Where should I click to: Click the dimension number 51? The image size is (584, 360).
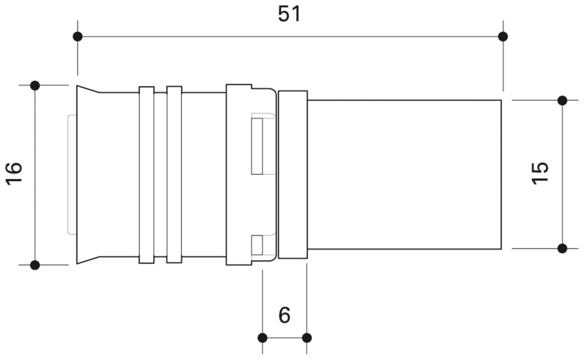(289, 14)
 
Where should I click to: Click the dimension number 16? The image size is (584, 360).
(14, 174)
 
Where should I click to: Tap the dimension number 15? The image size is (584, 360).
(540, 173)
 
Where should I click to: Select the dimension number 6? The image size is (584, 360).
(284, 315)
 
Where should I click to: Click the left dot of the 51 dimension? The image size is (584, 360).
(78, 37)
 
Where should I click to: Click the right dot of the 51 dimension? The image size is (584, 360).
(503, 37)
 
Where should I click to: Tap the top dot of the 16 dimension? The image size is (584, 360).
(35, 85)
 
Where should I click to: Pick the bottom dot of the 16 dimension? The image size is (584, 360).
(35, 265)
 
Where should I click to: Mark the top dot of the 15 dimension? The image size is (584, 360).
(562, 100)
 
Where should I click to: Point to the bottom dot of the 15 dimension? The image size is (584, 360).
(562, 249)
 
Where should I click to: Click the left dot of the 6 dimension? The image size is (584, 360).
(262, 338)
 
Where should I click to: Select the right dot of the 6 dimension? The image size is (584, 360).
(307, 338)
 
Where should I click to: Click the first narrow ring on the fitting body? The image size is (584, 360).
(147, 175)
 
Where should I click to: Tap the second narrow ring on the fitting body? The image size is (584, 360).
(174, 175)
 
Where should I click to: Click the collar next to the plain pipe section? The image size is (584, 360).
(293, 175)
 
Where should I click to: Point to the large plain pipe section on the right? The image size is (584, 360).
(404, 175)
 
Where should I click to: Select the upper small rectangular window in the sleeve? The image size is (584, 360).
(257, 146)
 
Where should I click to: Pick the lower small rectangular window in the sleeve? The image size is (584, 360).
(257, 245)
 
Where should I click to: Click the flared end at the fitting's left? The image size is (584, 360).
(88, 175)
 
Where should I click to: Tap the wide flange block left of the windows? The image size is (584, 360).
(239, 175)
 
